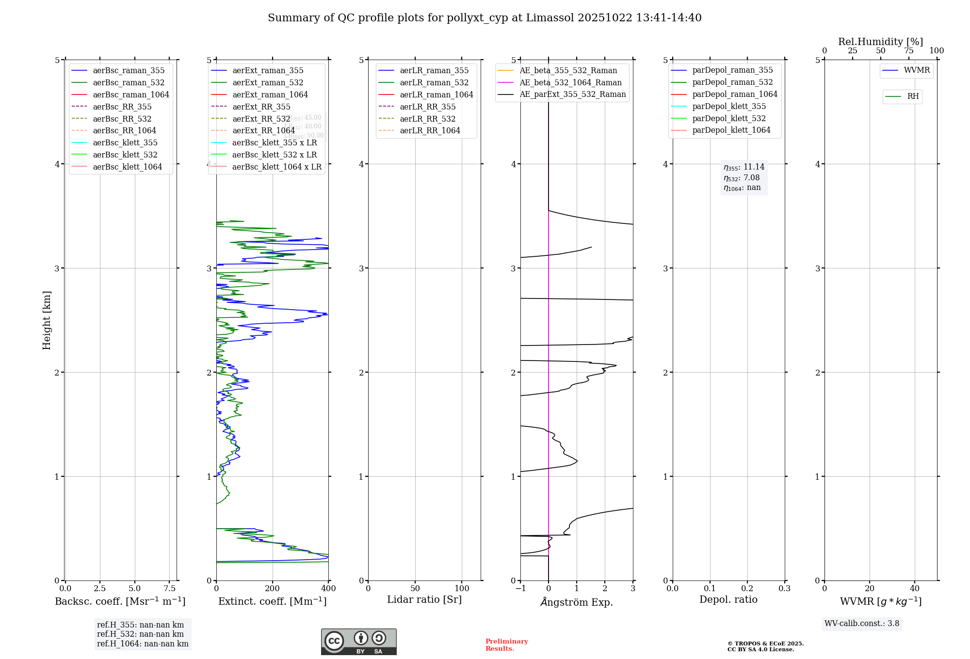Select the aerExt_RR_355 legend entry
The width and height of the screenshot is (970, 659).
click(261, 107)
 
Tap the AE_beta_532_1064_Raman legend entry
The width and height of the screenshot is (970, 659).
click(570, 83)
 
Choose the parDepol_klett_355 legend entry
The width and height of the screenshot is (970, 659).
click(729, 107)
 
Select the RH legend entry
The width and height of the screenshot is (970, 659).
click(913, 96)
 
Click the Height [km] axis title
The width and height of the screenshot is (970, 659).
click(47, 320)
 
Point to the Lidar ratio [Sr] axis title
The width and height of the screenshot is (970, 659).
click(424, 600)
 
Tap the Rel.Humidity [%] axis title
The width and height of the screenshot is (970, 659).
click(880, 42)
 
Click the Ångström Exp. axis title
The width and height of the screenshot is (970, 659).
click(577, 602)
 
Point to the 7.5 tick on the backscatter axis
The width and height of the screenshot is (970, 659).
click(169, 589)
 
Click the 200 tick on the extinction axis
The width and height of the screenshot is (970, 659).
click(273, 589)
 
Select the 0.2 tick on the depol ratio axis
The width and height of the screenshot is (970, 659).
click(747, 589)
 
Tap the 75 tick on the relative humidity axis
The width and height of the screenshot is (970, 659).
click(908, 51)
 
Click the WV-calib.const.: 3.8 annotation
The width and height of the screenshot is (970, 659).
click(862, 624)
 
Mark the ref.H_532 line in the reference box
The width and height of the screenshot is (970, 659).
click(140, 634)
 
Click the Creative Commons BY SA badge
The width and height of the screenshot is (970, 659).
click(358, 642)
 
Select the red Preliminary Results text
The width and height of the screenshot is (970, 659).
click(506, 645)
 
